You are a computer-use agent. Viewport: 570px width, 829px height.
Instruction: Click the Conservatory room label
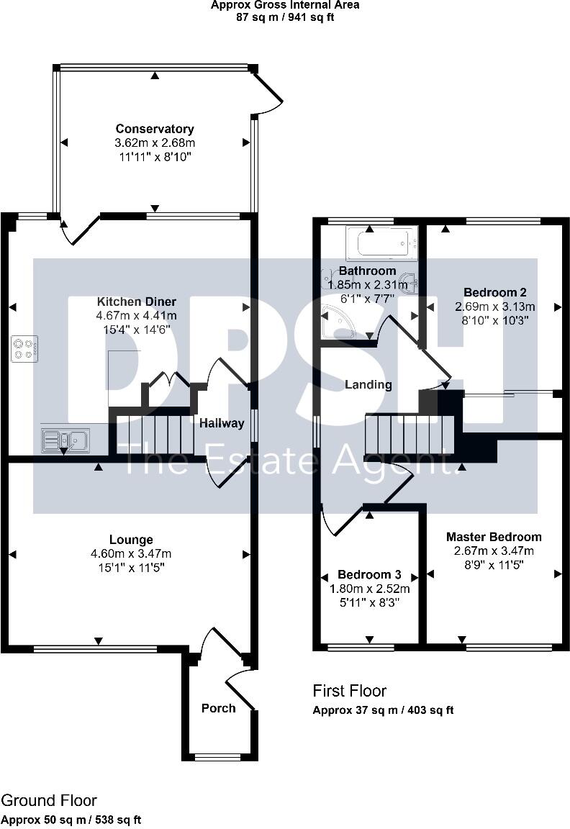155,129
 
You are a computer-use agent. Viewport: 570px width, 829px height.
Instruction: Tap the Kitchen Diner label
137,302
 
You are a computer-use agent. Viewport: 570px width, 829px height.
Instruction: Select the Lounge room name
131,540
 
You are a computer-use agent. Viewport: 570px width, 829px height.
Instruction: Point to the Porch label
218,708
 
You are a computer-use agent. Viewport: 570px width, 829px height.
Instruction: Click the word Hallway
222,423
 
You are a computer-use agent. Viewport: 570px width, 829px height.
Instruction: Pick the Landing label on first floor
368,384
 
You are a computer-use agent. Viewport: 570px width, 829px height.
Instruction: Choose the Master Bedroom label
494,537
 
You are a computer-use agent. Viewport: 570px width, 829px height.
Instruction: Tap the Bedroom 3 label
369,575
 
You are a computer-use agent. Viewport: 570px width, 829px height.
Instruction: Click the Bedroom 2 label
495,292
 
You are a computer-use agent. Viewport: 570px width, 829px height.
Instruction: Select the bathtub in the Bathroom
381,243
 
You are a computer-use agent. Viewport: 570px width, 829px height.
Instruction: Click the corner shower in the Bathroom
337,321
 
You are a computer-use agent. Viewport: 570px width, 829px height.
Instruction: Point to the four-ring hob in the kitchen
24,348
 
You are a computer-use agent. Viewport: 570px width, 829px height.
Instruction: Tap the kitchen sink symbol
64,439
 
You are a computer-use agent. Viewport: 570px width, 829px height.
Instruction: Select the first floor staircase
403,435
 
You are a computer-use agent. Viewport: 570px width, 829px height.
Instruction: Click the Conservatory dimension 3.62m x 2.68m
155,143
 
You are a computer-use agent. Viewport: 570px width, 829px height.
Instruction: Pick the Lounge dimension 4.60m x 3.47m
131,553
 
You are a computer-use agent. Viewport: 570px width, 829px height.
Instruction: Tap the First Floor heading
349,691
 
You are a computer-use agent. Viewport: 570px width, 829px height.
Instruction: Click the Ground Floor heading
48,800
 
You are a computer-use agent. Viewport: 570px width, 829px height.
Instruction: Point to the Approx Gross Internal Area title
284,5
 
